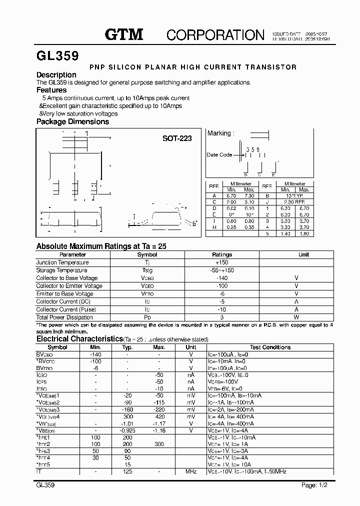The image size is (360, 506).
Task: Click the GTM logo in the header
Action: (123, 34)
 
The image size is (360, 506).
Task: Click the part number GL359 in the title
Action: (57, 55)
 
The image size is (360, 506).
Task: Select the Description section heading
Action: (56, 75)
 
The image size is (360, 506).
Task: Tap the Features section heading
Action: (51, 90)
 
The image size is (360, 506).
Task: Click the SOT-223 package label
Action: (177, 138)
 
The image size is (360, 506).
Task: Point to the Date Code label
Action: (219, 155)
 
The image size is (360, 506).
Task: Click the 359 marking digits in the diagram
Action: (252, 149)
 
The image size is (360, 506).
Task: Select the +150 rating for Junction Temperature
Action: (222, 262)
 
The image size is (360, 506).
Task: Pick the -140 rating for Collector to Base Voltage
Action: (222, 278)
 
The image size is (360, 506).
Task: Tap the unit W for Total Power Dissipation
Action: (296, 317)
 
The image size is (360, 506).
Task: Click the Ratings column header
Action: (222, 254)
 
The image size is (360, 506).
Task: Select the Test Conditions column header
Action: (270, 347)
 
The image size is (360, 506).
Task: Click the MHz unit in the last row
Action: (191, 471)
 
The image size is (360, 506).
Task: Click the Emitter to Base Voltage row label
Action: (65, 293)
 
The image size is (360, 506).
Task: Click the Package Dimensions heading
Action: (72, 121)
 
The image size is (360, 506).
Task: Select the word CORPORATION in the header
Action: (215, 34)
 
